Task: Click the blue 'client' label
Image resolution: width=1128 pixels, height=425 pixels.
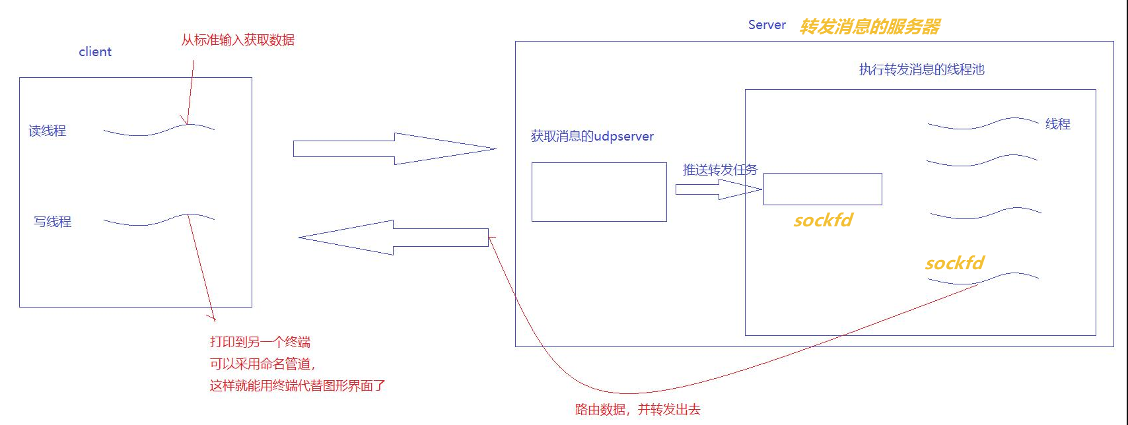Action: (x=95, y=51)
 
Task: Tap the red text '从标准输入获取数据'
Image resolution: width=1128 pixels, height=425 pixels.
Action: (x=238, y=40)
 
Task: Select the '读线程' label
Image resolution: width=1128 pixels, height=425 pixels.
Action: (x=48, y=131)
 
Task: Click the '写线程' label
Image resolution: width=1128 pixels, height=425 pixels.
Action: (x=53, y=222)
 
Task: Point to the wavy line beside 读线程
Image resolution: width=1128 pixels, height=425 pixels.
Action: (x=159, y=130)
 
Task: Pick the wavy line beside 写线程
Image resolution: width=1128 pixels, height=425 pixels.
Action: (x=159, y=220)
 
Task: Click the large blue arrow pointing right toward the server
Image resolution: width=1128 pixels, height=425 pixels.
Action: (x=394, y=148)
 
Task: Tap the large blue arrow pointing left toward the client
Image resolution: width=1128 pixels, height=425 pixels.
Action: (x=394, y=238)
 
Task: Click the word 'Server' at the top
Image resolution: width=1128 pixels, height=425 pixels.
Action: (x=767, y=25)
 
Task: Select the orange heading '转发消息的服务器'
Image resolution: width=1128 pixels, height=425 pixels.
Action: (x=870, y=26)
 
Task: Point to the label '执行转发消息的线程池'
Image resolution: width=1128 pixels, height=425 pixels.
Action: (x=921, y=69)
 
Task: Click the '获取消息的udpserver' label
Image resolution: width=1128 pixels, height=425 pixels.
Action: (x=592, y=137)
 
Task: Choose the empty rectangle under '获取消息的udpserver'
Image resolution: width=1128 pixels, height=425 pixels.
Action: (x=599, y=192)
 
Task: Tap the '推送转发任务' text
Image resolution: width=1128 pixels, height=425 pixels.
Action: (x=720, y=170)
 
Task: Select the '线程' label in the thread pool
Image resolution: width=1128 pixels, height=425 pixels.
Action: (x=1058, y=124)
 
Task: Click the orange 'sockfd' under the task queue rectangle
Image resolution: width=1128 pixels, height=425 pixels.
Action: (x=823, y=220)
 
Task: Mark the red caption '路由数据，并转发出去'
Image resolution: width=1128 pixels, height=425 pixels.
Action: (x=637, y=409)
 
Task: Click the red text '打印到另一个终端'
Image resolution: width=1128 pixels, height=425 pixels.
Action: (x=260, y=342)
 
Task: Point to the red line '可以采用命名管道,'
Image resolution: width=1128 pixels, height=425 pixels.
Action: (x=262, y=364)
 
